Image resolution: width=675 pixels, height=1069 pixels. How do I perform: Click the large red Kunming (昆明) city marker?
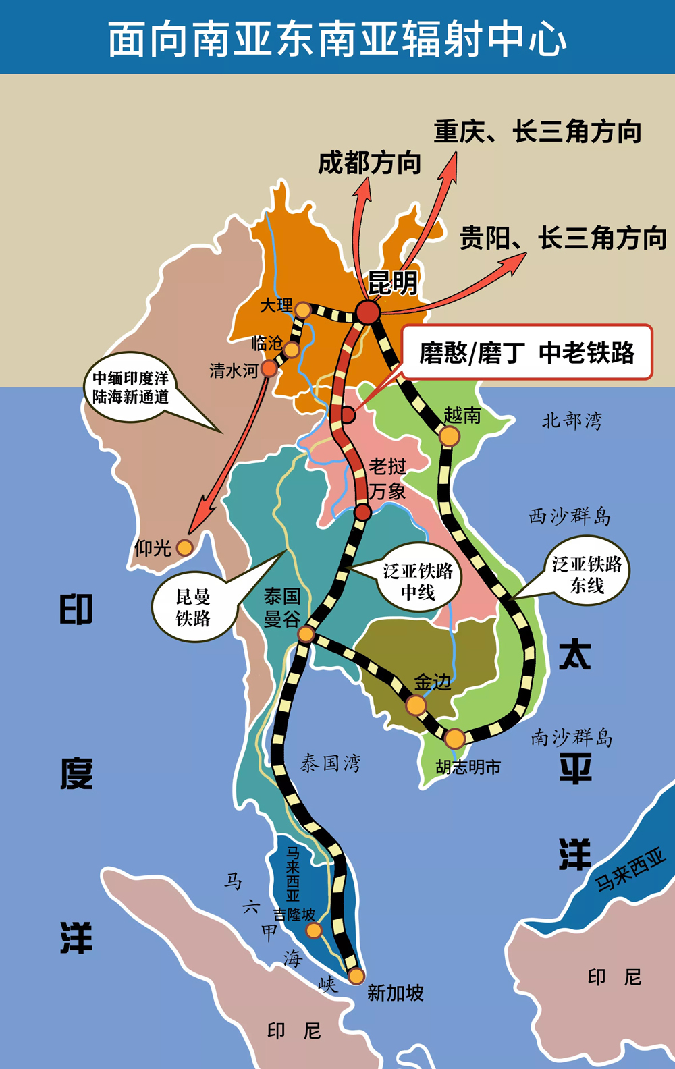(368, 312)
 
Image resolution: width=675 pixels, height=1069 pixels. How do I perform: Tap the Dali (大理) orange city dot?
(303, 310)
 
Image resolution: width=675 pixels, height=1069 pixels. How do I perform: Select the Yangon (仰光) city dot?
(184, 547)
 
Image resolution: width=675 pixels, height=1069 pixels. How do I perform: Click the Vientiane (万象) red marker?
(362, 512)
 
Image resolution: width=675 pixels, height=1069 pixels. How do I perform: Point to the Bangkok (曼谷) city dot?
(306, 634)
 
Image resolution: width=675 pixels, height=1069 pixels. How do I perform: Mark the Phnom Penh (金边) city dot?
(416, 705)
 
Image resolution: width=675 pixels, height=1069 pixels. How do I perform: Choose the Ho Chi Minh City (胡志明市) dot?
(455, 738)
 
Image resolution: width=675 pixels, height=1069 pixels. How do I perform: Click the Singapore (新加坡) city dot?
(356, 976)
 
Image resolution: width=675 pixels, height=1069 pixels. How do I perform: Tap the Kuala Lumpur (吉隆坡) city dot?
(314, 931)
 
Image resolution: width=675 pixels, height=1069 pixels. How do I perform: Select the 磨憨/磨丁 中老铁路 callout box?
(527, 352)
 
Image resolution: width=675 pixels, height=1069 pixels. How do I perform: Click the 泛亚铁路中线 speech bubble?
(418, 581)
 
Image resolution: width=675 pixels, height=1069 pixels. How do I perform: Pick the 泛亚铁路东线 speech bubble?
(587, 574)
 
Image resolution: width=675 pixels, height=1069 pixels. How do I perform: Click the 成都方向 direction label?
(369, 163)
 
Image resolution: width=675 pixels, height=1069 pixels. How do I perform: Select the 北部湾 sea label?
(572, 420)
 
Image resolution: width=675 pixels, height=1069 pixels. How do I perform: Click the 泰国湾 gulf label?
(330, 763)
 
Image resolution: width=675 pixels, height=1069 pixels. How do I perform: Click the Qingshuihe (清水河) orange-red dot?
(269, 368)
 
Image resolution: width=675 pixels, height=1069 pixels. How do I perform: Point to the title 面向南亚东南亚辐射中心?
(337, 38)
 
